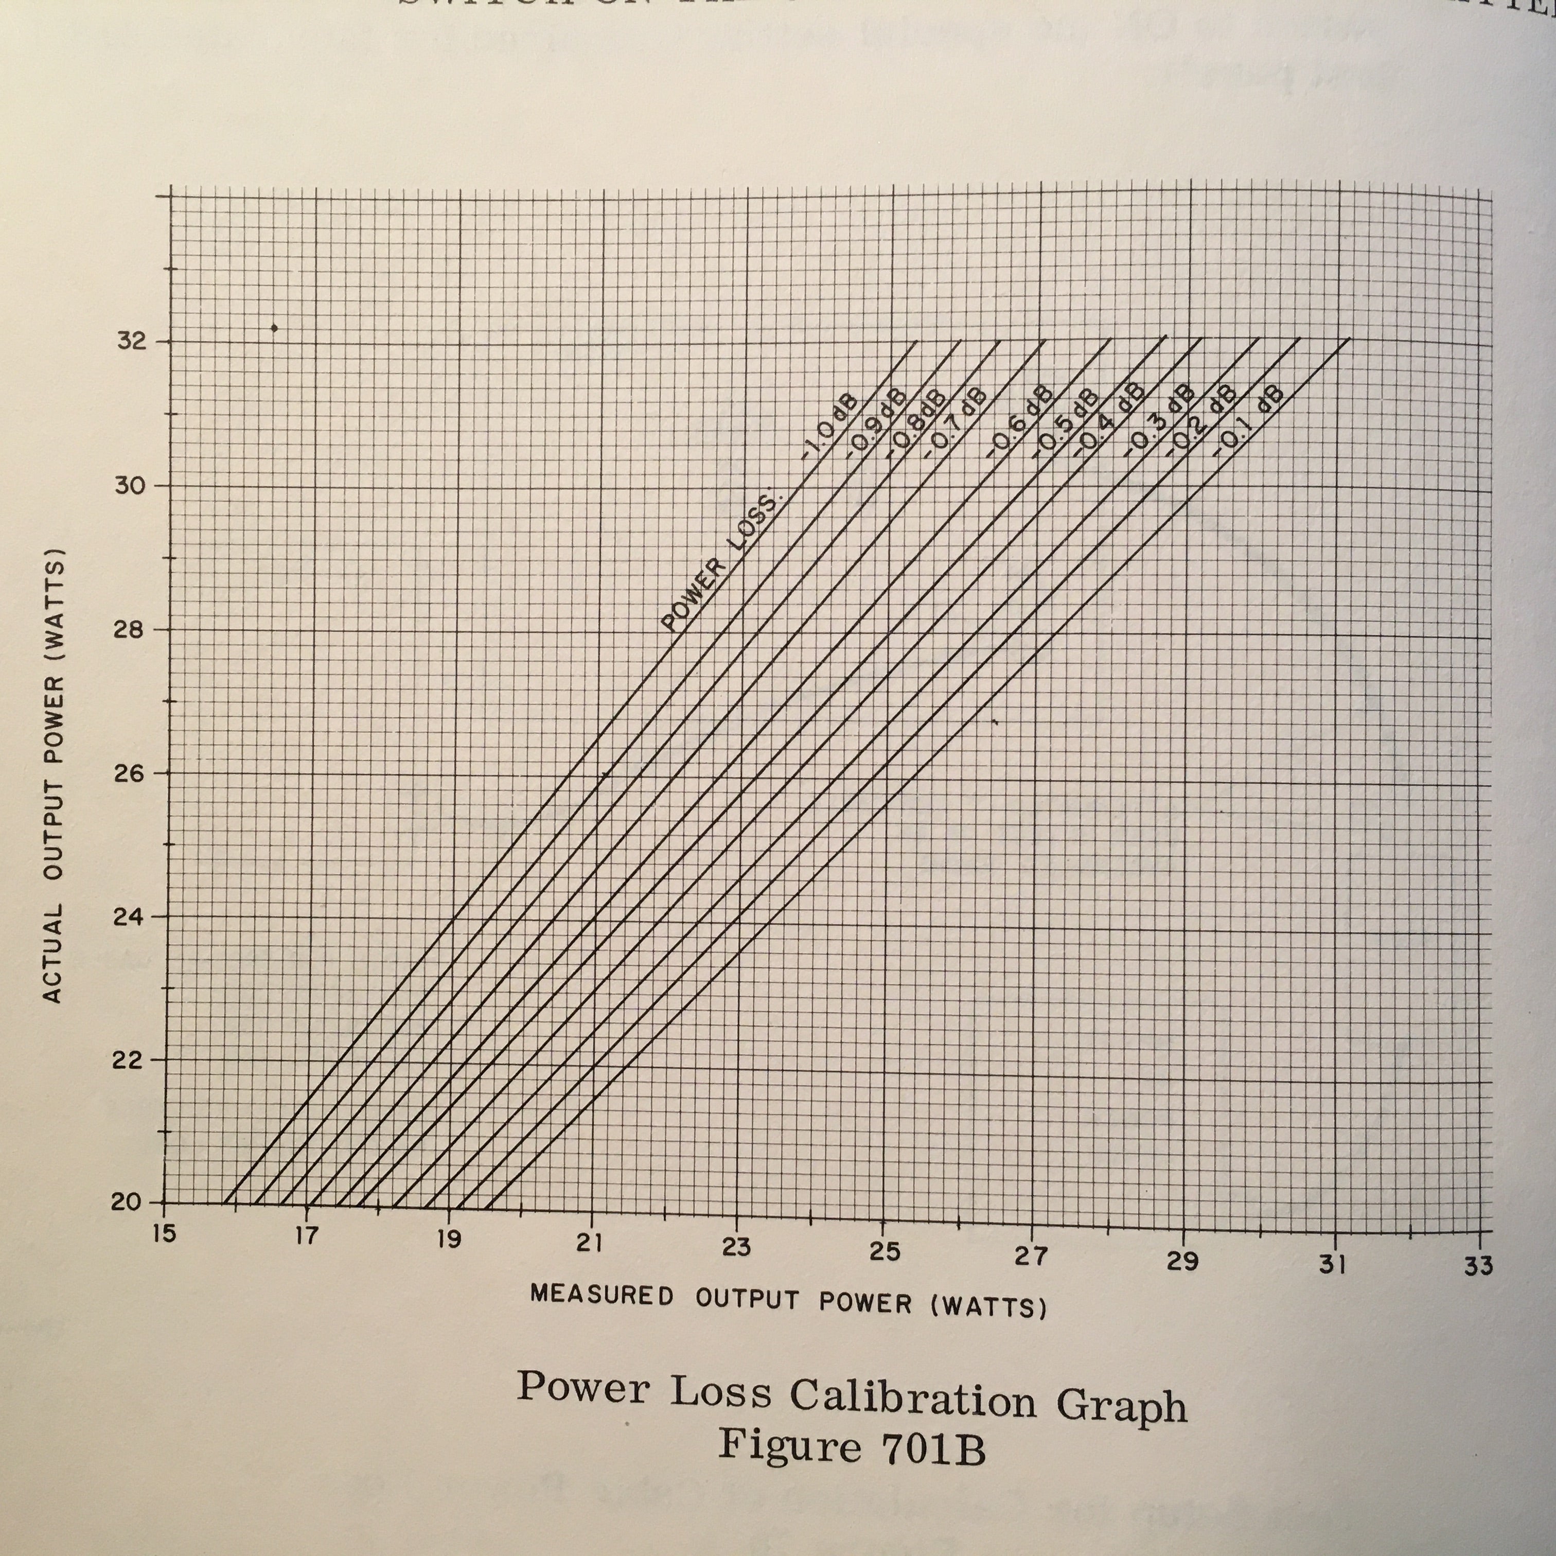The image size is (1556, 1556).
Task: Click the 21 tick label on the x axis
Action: (x=590, y=1243)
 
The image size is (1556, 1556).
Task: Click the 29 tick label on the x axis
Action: (x=1182, y=1261)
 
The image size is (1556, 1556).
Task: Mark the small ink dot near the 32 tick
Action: (x=275, y=328)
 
